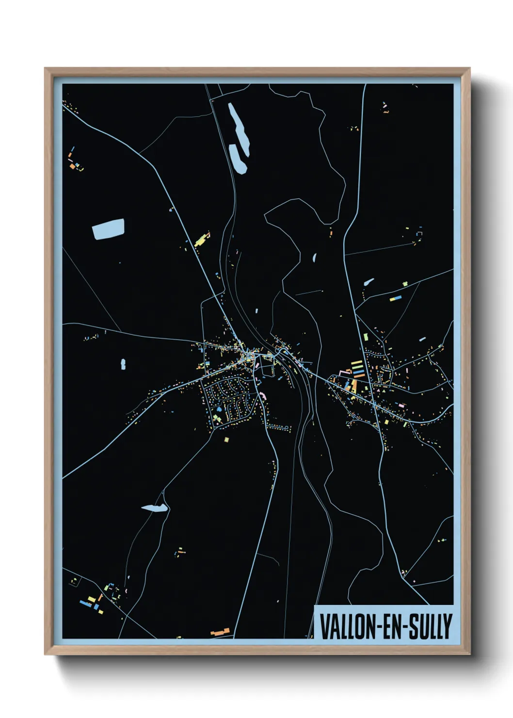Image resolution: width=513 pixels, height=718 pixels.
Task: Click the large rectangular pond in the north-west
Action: coord(108,229)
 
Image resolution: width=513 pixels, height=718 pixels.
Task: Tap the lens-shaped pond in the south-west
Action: coord(154,508)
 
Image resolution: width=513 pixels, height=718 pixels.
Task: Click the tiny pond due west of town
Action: coord(123,364)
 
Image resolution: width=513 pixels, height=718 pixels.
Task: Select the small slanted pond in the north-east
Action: coord(369,281)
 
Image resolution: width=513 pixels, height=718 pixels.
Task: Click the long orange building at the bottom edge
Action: coord(220,632)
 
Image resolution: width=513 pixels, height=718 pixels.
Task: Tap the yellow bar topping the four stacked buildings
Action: coord(356,362)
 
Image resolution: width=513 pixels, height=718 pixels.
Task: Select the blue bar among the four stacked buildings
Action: coord(358,371)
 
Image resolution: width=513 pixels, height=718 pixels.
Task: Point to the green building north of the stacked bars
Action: coord(364,336)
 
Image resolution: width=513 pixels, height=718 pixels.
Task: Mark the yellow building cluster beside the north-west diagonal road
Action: coord(200,240)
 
